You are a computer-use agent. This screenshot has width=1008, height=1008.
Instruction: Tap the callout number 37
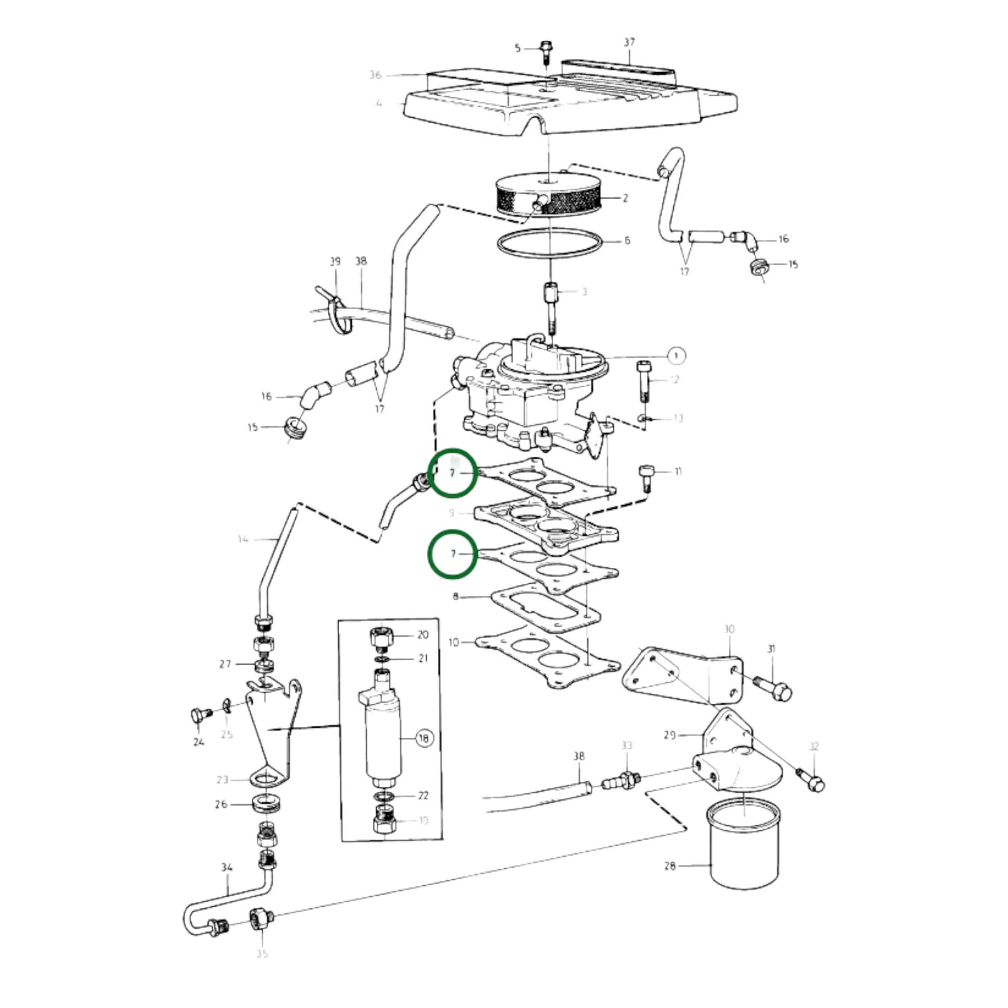point(629,43)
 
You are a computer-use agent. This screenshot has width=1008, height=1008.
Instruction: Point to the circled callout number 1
point(675,356)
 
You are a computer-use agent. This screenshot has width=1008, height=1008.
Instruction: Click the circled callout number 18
point(424,738)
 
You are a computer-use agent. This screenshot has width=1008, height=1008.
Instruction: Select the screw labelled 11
point(645,479)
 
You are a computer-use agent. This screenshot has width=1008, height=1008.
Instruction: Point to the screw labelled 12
point(643,380)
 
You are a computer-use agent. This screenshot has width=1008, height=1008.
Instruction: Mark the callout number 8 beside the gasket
point(456,597)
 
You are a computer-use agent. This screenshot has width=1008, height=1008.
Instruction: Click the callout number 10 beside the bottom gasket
point(454,642)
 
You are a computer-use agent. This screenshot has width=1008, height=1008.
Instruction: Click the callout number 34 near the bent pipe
point(227,868)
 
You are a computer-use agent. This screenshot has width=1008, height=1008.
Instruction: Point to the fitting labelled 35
point(259,921)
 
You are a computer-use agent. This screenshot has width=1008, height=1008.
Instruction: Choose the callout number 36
point(375,75)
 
